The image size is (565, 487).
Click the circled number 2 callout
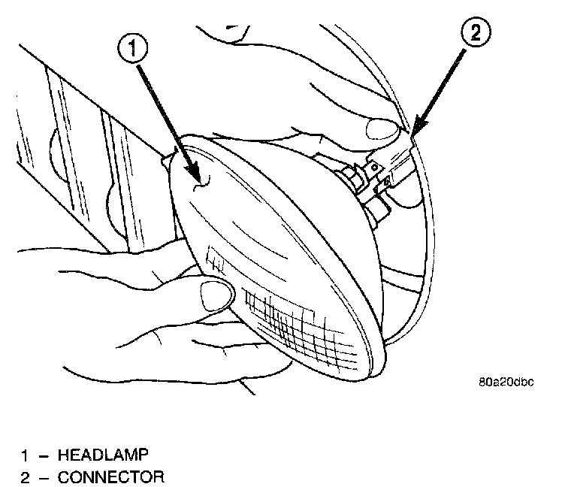coord(478,33)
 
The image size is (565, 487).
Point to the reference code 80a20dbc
coord(505,382)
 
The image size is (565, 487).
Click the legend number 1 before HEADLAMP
coord(25,455)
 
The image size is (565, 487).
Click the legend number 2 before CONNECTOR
coord(25,476)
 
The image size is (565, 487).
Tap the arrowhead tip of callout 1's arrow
coord(199,181)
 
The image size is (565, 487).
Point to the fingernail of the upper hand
coord(381,130)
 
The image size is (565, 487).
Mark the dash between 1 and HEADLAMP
coord(44,455)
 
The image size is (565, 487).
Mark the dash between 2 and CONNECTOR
coord(44,477)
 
